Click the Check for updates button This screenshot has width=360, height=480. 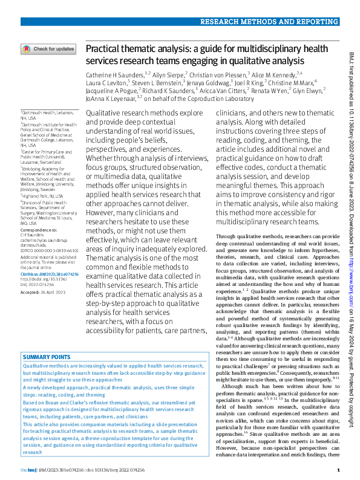[x=48, y=49]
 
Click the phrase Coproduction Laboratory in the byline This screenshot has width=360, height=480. [x=225, y=98]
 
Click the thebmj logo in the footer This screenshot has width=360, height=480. [x=28, y=470]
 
